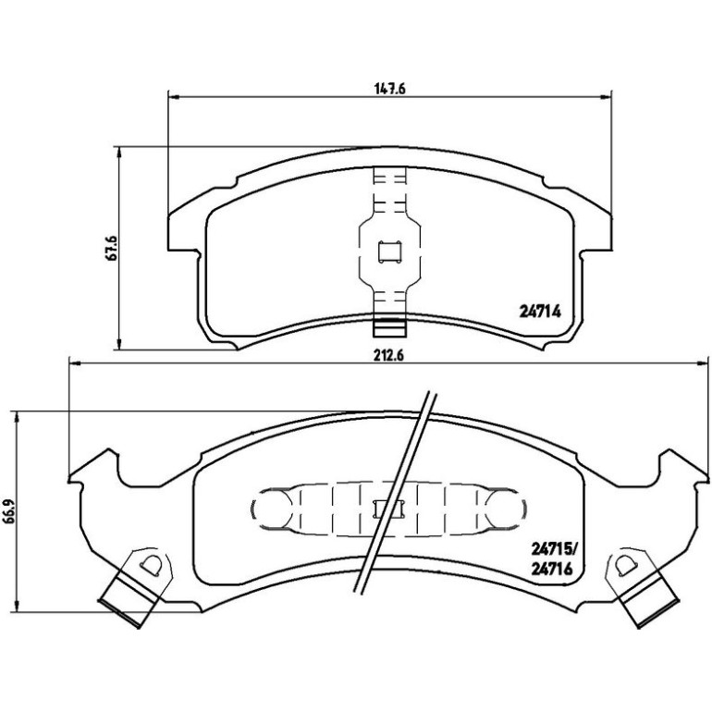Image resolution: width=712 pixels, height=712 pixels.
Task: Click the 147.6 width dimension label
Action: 389,88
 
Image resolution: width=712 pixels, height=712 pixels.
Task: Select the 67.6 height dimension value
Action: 111,248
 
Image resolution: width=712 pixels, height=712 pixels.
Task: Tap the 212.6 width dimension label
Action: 388,356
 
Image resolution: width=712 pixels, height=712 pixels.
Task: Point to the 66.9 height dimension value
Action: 9,512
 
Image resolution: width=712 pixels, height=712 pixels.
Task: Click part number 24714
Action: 540,312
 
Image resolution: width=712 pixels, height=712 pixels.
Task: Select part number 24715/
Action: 554,550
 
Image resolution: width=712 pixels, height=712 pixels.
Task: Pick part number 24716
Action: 551,569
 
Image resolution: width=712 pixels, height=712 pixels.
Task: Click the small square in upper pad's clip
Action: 389,252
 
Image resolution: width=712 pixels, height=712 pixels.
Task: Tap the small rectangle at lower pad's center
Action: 387,509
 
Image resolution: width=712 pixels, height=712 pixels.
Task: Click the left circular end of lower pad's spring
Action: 271,509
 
